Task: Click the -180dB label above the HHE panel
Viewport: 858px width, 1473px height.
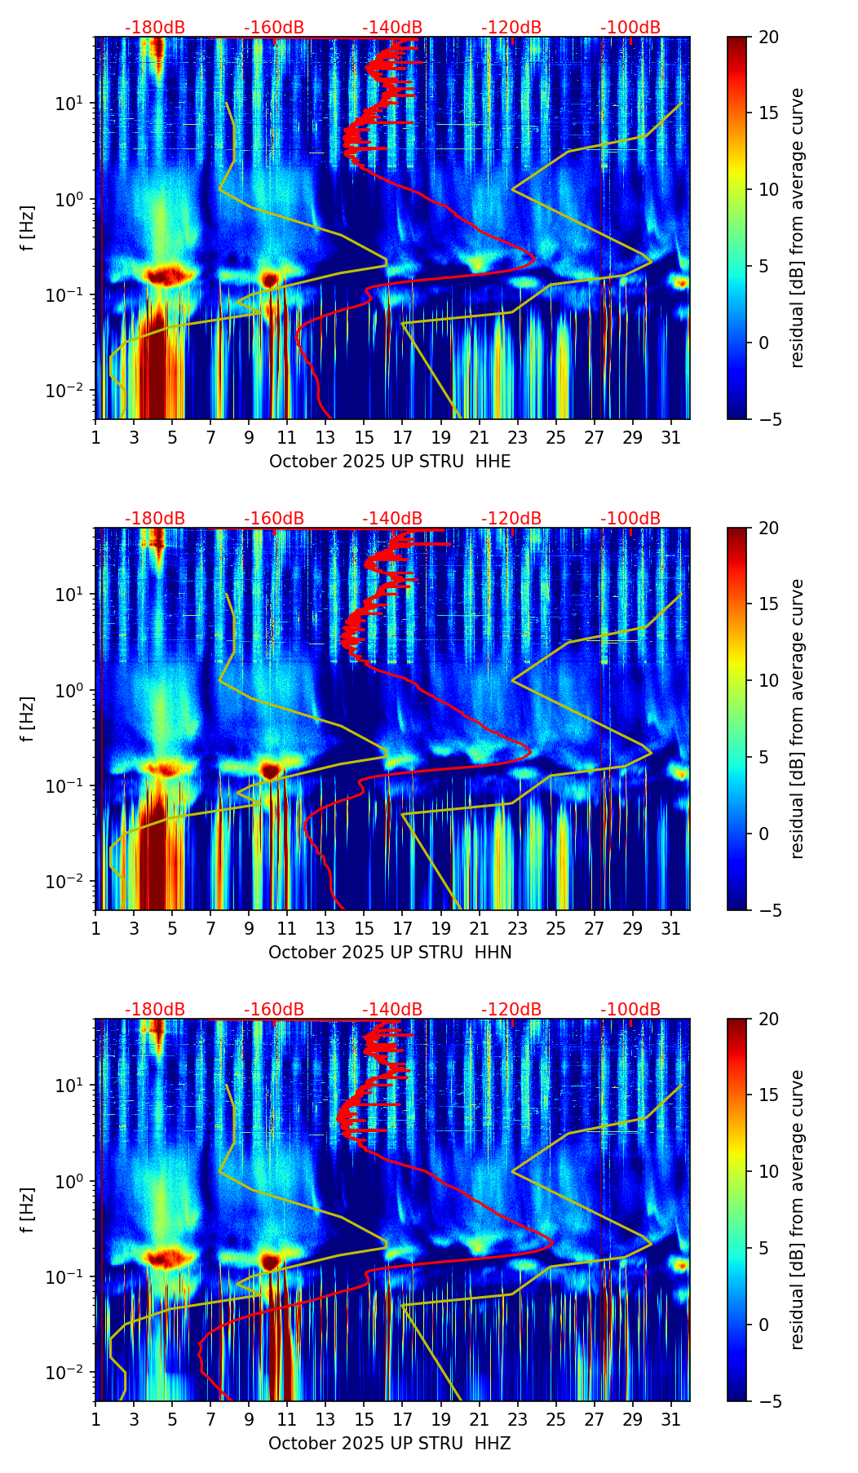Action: [155, 28]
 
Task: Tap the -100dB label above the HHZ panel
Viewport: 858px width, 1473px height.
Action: [630, 1010]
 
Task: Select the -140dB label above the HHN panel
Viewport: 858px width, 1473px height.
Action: [392, 519]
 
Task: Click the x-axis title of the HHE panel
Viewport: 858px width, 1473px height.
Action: [390, 462]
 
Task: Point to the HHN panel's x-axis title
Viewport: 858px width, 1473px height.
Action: [390, 953]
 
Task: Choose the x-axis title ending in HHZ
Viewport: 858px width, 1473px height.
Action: [390, 1444]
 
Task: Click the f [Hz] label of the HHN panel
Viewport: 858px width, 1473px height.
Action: [28, 719]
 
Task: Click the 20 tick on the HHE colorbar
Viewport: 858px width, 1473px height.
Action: [769, 37]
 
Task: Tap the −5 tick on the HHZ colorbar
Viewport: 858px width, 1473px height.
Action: [767, 1401]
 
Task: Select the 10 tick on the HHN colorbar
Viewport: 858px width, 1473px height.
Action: [769, 680]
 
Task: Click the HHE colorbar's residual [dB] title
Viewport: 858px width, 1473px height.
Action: [797, 228]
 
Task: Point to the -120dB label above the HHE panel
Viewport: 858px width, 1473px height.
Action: [511, 28]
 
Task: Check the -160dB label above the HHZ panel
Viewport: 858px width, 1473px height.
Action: [274, 1010]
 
